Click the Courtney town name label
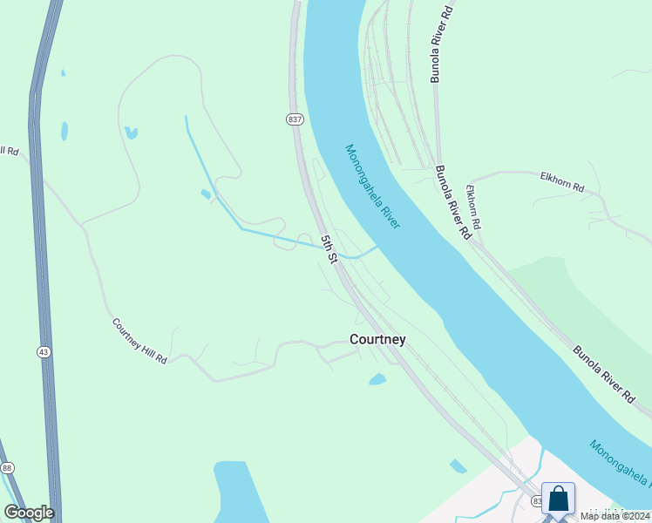[x=377, y=339]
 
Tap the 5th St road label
[x=329, y=248]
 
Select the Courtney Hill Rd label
[x=139, y=341]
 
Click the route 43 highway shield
[x=44, y=351]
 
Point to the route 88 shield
[x=7, y=468]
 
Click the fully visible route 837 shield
[x=295, y=119]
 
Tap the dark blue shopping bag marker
[x=558, y=499]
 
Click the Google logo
[x=29, y=512]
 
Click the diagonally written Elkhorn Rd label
[x=473, y=207]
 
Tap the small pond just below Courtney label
[x=377, y=379]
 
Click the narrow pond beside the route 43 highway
[x=65, y=131]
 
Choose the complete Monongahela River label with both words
[x=372, y=187]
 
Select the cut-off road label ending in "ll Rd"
[x=9, y=151]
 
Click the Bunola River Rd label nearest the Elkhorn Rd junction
[x=453, y=203]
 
